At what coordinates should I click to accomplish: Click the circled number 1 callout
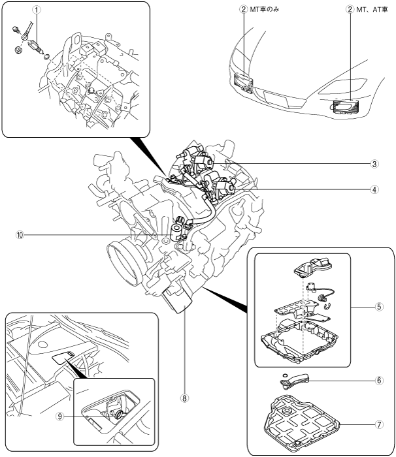[36, 10]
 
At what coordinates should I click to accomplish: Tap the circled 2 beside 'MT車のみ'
[244, 9]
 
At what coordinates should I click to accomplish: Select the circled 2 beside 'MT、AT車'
[350, 9]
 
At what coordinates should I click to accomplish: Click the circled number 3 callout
[374, 164]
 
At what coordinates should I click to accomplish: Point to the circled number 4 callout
[374, 189]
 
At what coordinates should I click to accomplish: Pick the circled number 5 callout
[379, 307]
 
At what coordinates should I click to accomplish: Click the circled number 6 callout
[379, 381]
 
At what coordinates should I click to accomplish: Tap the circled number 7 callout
[379, 424]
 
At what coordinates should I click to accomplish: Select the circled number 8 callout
[184, 398]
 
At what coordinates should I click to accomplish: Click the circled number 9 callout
[60, 417]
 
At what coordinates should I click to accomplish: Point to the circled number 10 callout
[20, 235]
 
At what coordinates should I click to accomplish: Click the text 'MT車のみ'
[265, 9]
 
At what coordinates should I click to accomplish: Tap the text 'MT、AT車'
[372, 9]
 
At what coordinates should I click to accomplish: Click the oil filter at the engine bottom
[178, 299]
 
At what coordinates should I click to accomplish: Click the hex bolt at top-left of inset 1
[16, 29]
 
